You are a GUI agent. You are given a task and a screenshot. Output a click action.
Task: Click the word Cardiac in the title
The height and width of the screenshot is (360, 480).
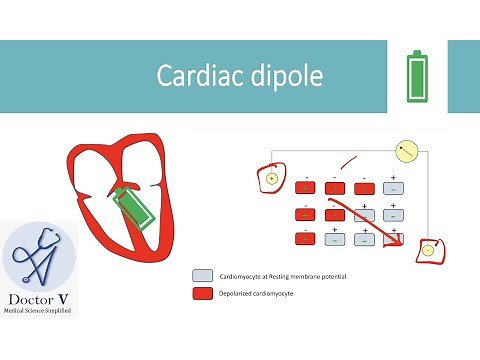194,76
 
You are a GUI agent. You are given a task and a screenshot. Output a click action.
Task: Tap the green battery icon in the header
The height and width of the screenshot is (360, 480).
417,77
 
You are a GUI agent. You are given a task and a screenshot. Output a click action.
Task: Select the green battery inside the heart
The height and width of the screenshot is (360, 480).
129,208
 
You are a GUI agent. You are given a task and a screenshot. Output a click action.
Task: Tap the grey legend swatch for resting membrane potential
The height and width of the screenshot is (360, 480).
202,274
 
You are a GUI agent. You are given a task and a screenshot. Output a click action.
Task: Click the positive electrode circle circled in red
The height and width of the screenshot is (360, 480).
270,179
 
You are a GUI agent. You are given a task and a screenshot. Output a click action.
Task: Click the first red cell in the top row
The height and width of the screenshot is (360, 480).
305,187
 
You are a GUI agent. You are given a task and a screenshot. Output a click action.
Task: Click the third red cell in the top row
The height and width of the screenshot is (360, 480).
363,187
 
